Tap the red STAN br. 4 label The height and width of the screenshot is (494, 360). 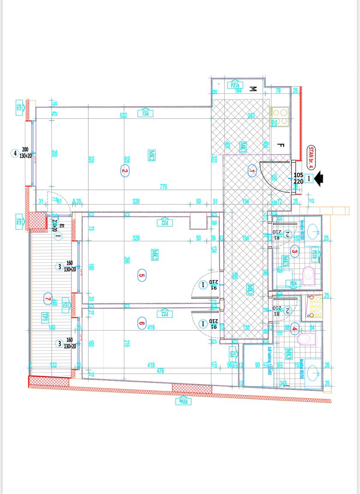(x=312, y=156)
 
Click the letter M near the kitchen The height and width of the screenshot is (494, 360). (x=253, y=89)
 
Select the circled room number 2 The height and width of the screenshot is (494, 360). (x=125, y=171)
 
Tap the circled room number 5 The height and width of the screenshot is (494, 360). (x=142, y=275)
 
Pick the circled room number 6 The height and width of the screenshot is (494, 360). (x=142, y=323)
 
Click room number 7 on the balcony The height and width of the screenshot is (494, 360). (x=48, y=298)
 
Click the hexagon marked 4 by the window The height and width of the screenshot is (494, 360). (x=15, y=153)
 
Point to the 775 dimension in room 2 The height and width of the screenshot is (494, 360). (x=163, y=187)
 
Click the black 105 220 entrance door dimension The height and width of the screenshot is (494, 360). (x=299, y=178)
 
